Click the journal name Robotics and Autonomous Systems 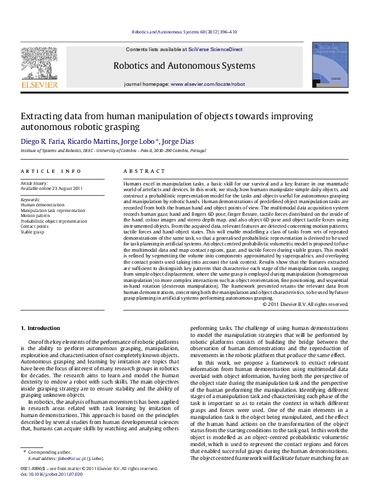pyautogui.click(x=184, y=66)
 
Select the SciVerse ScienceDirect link pyautogui.click(x=219, y=49)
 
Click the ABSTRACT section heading pyautogui.click(x=139, y=171)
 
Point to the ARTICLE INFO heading pyautogui.click(x=51, y=171)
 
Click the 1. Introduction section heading pyautogui.click(x=40, y=328)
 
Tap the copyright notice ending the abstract pyautogui.click(x=305, y=304)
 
